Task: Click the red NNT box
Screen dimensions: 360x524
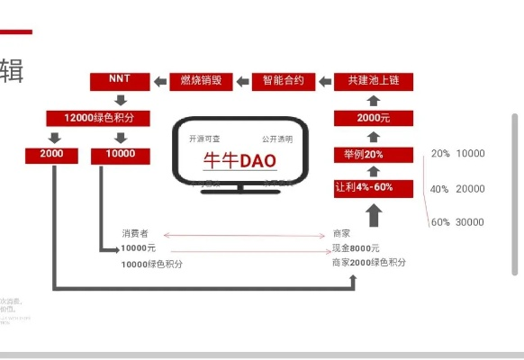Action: tap(120, 80)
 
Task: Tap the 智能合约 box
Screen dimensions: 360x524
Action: tap(284, 80)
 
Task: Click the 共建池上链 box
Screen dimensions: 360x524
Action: tap(373, 80)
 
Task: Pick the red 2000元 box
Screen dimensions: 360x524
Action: tap(373, 118)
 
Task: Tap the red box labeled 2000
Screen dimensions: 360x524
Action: tap(52, 155)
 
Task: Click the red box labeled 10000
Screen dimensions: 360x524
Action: tap(120, 155)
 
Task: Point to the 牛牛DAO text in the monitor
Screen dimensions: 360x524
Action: tap(239, 161)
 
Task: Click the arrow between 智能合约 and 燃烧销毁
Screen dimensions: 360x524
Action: tap(243, 81)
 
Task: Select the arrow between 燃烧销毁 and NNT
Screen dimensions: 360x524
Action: tap(159, 81)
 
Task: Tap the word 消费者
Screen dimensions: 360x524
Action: tap(134, 233)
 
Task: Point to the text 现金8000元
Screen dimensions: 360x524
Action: tap(356, 247)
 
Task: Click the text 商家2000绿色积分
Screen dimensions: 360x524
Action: tap(369, 262)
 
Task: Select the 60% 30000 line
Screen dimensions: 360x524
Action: tap(457, 222)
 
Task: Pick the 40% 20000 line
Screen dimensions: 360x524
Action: tap(457, 189)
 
